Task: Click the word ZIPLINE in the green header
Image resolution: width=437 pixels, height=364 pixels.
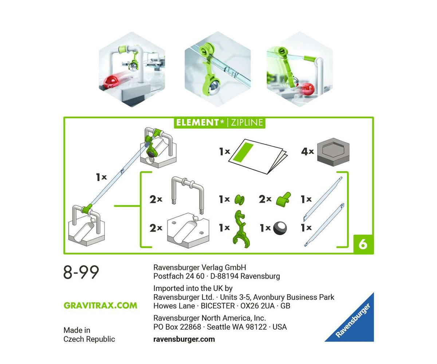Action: [x=247, y=122]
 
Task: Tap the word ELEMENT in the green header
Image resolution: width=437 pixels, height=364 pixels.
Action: [x=197, y=122]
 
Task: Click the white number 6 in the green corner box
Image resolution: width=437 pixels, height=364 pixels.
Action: [x=363, y=244]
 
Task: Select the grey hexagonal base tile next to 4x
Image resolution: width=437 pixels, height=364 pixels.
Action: [x=333, y=152]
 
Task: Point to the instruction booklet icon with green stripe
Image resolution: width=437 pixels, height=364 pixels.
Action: [x=258, y=156]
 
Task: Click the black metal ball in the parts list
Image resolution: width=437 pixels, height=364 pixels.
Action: [x=280, y=228]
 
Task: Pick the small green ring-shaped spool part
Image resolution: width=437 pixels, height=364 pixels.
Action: [x=239, y=199]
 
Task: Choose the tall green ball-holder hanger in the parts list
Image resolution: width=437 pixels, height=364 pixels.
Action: [x=241, y=229]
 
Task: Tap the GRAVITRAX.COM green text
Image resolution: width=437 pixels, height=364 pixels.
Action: [x=101, y=305]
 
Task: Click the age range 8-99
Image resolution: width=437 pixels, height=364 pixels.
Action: [x=81, y=272]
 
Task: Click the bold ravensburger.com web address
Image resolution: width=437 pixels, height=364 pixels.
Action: [x=184, y=339]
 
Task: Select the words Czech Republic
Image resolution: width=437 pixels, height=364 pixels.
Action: [x=89, y=339]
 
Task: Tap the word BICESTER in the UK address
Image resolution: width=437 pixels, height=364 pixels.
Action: [x=218, y=306]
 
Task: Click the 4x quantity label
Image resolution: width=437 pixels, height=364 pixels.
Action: [x=307, y=151]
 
